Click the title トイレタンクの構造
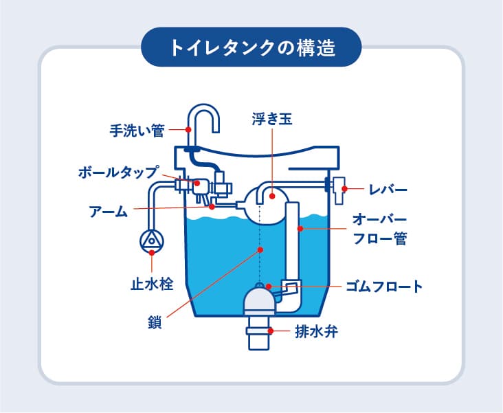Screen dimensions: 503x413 [252, 48]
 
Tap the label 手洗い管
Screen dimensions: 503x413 [137, 131]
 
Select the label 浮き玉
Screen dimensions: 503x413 [272, 119]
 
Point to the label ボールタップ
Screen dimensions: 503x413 [118, 172]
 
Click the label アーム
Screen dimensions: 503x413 [109, 212]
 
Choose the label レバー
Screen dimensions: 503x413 [388, 190]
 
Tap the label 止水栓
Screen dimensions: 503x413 [152, 284]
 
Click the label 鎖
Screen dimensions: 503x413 [155, 322]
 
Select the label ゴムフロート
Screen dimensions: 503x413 [384, 287]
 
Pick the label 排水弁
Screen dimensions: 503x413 [316, 331]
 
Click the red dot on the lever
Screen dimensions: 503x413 [344, 189]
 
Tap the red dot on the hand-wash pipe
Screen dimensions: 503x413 [188, 130]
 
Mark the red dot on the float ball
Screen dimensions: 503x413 [272, 196]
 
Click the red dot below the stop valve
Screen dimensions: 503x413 [152, 253]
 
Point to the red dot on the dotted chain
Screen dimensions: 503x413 [260, 249]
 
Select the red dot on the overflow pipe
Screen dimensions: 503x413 [300, 228]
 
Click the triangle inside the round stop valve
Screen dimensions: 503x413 [151, 241]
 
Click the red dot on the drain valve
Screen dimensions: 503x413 [271, 331]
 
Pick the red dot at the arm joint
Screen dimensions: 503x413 [212, 207]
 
